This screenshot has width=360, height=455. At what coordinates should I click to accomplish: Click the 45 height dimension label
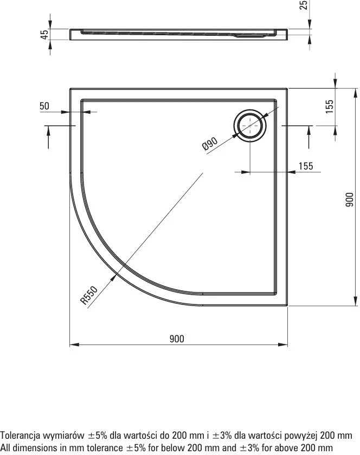[44, 35]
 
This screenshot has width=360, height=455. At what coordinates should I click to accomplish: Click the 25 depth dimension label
[303, 5]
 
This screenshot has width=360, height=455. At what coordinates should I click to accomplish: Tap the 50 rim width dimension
[44, 106]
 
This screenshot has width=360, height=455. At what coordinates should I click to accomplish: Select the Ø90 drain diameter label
[210, 144]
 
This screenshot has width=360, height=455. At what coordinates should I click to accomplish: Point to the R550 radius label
[89, 295]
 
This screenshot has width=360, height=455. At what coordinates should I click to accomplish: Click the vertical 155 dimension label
[330, 107]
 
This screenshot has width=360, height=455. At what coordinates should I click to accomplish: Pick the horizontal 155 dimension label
[306, 166]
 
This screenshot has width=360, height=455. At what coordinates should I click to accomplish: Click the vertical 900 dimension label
[350, 200]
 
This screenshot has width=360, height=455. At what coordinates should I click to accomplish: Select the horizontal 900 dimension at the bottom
[177, 339]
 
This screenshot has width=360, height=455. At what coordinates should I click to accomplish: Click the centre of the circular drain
[250, 126]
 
